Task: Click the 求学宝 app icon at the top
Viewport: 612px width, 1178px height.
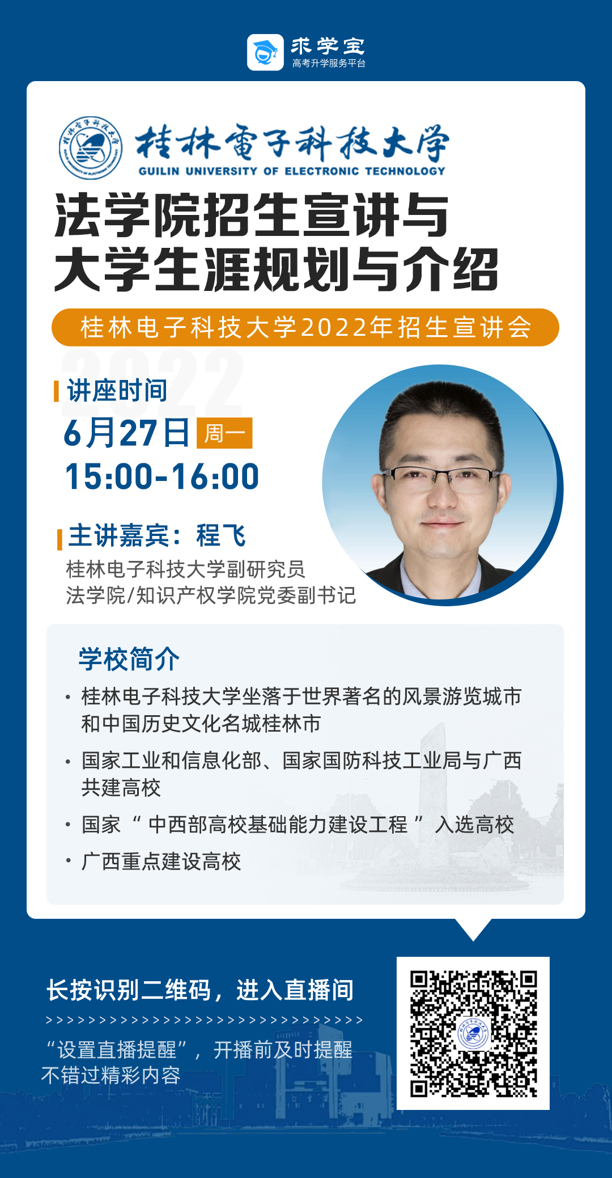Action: coord(265,52)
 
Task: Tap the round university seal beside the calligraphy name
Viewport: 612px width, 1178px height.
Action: coord(91,148)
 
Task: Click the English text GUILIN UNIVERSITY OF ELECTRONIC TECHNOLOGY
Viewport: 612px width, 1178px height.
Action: coord(292,171)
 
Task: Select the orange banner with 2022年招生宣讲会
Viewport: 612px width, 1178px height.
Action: coord(305,327)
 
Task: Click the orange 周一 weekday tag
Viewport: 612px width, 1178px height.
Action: coord(224,433)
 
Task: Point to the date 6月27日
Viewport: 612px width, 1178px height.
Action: coord(126,433)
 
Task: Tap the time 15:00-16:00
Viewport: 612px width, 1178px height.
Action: coord(162,476)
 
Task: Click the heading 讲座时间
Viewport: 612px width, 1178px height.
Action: coord(117,390)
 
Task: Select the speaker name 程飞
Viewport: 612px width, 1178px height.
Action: coord(221,535)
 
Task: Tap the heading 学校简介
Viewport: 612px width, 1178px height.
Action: coord(129,659)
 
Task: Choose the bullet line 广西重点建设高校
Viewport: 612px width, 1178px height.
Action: coord(161,861)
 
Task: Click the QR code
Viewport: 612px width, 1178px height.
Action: coord(473,1033)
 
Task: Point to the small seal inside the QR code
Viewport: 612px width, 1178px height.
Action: coord(473,1034)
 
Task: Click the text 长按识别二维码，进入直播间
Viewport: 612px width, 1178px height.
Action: coord(200,990)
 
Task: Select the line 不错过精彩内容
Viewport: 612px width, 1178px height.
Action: coord(111,1075)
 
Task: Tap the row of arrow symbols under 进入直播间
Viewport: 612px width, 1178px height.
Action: coord(204,1020)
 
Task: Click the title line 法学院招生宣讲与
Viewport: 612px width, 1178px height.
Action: coord(252,216)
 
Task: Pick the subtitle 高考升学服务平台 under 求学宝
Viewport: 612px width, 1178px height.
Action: coord(329,63)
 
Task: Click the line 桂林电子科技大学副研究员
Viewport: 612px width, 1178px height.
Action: coord(186,569)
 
